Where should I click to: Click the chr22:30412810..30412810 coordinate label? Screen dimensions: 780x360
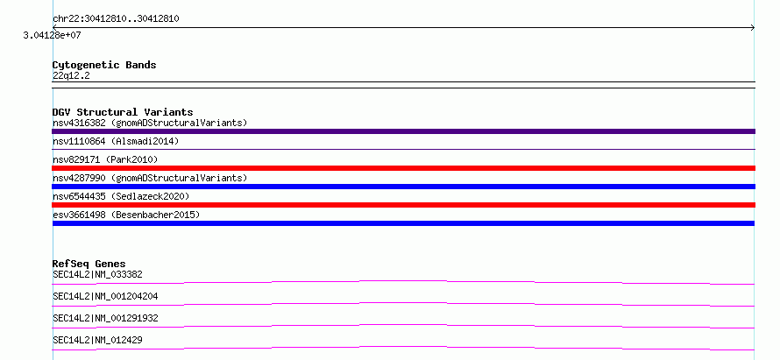click(116, 19)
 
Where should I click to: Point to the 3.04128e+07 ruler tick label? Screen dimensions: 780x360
click(53, 36)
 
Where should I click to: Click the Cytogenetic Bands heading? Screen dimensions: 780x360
click(104, 65)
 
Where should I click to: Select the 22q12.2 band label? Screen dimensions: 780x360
click(71, 76)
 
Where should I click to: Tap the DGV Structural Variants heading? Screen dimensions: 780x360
click(123, 112)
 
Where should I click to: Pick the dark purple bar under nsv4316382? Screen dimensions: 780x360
click(403, 131)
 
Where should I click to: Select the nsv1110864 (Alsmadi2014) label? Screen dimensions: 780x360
click(116, 142)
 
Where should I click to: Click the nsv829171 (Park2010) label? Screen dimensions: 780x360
click(105, 159)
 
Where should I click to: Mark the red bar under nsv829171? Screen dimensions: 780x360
click(403, 168)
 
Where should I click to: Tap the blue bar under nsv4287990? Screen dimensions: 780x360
click(403, 187)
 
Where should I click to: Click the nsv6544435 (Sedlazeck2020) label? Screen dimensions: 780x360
click(121, 196)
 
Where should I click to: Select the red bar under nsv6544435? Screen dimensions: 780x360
click(403, 205)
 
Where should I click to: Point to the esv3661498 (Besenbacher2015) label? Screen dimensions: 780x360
click(126, 215)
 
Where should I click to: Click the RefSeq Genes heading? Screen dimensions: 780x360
click(89, 264)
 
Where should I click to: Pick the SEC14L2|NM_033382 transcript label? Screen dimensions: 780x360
click(98, 274)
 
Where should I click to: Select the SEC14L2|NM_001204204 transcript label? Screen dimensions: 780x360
click(105, 296)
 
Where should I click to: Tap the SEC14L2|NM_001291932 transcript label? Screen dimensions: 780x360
click(105, 318)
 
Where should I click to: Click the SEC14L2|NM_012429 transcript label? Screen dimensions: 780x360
click(98, 340)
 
